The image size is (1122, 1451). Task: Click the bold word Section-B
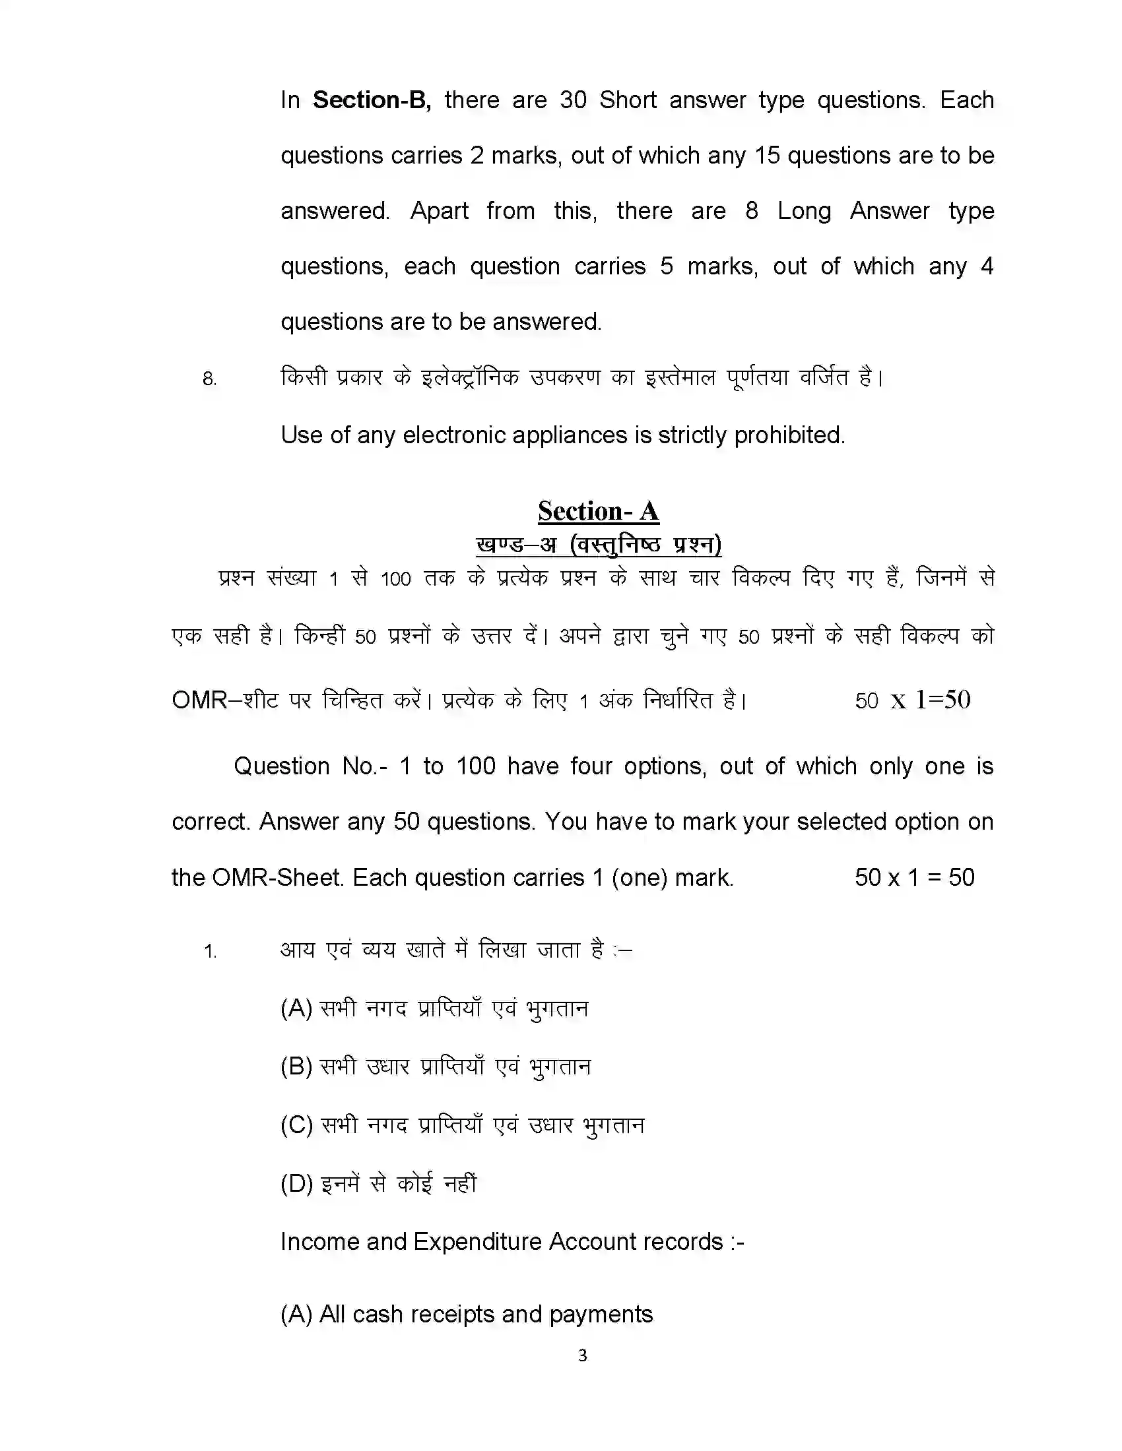tap(372, 100)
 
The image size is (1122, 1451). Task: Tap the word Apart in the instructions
tap(439, 211)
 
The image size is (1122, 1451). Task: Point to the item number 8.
tap(209, 379)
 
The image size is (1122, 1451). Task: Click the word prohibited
tap(789, 435)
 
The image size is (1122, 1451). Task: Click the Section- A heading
tap(598, 512)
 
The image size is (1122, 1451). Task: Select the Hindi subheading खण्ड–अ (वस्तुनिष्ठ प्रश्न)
tap(598, 545)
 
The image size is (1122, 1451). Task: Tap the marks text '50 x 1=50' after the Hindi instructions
tap(913, 700)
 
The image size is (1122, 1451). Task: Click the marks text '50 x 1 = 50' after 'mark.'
tap(914, 878)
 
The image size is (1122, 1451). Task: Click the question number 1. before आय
tap(210, 952)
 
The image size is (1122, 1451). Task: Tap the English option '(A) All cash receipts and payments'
tap(467, 1314)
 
